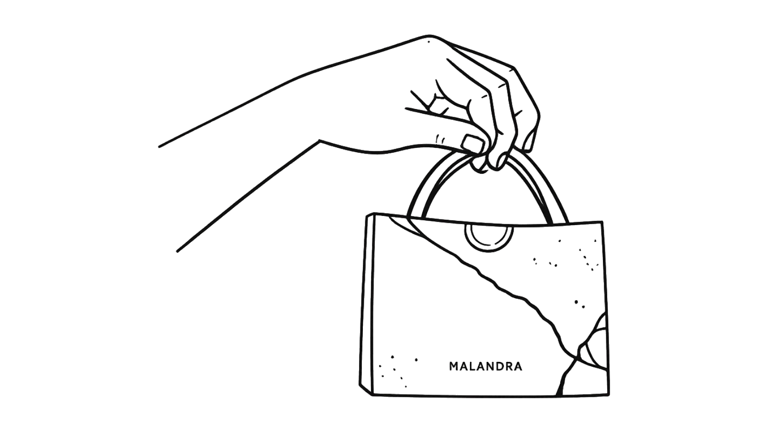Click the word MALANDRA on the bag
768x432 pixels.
click(x=485, y=367)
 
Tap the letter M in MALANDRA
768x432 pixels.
click(x=454, y=367)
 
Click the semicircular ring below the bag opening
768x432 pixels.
click(x=489, y=250)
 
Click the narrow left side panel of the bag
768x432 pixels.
click(x=366, y=305)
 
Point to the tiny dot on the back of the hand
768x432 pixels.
click(x=428, y=42)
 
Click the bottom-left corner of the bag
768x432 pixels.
click(x=372, y=396)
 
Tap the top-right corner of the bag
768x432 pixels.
click(x=602, y=222)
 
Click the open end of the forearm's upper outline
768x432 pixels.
click(x=159, y=147)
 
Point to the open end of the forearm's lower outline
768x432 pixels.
click(x=177, y=252)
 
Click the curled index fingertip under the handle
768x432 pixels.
click(x=480, y=165)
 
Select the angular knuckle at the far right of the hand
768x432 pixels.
click(x=514, y=69)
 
